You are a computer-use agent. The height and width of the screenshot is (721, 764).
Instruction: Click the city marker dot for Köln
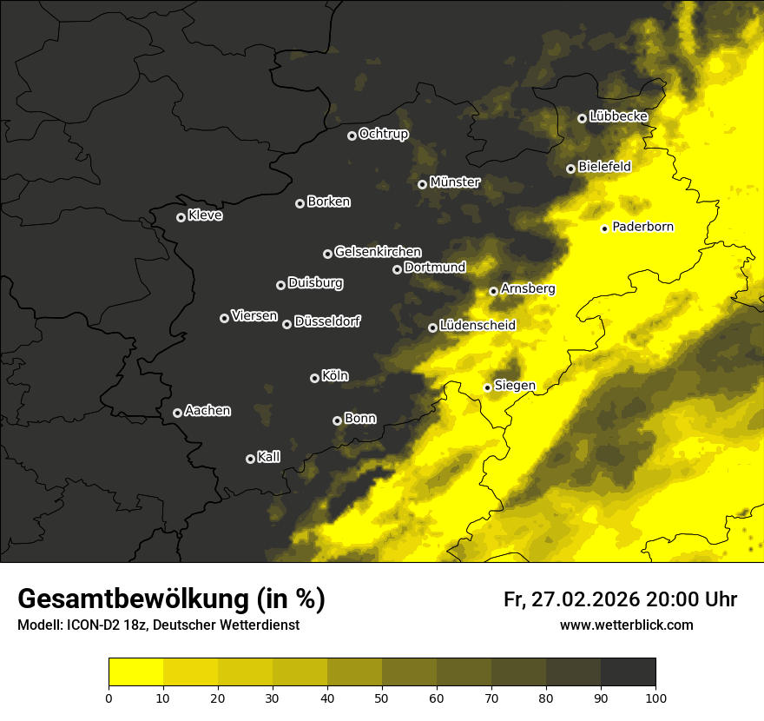pos(314,378)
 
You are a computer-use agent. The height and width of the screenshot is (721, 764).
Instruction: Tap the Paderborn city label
pos(642,227)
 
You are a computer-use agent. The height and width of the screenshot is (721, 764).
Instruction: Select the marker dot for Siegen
pos(487,387)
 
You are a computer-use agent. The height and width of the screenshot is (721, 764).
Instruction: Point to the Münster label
pos(455,182)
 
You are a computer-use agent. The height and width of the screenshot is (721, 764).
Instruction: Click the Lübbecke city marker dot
pos(582,118)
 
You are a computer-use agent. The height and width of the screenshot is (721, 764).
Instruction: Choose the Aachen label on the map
pos(207,411)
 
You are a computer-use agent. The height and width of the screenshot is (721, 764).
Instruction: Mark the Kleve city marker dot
pos(181,217)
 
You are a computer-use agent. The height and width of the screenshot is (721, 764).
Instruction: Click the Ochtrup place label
pos(383,134)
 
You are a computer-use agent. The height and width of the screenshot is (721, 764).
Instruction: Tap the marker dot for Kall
pos(250,459)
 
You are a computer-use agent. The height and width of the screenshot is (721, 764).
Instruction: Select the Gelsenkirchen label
pos(378,252)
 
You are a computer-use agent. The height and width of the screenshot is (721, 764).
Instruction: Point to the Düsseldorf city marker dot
pos(286,324)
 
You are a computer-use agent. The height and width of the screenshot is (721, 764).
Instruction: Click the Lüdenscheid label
pos(477,326)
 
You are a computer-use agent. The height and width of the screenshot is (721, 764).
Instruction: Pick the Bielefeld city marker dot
pos(570,169)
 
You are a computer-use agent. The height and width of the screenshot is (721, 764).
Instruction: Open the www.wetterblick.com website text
pos(626,625)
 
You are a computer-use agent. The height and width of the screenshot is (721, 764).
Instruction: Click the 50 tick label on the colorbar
pos(382,697)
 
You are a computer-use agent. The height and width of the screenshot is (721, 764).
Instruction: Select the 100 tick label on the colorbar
pos(655,697)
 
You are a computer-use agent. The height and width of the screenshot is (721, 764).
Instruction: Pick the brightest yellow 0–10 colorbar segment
pos(136,671)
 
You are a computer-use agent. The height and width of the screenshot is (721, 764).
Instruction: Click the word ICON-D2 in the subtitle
pos(87,625)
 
